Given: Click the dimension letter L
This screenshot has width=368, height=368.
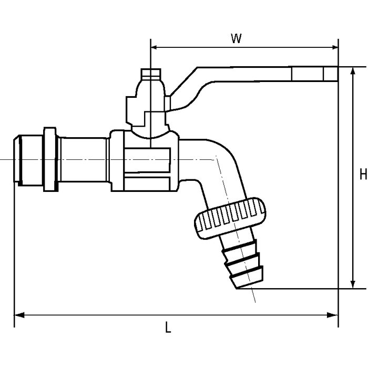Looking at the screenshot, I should pyautogui.click(x=168, y=329).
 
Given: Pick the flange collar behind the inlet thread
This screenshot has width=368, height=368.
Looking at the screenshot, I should pyautogui.click(x=50, y=159).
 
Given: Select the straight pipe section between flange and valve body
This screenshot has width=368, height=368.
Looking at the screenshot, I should pyautogui.click(x=84, y=159).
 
